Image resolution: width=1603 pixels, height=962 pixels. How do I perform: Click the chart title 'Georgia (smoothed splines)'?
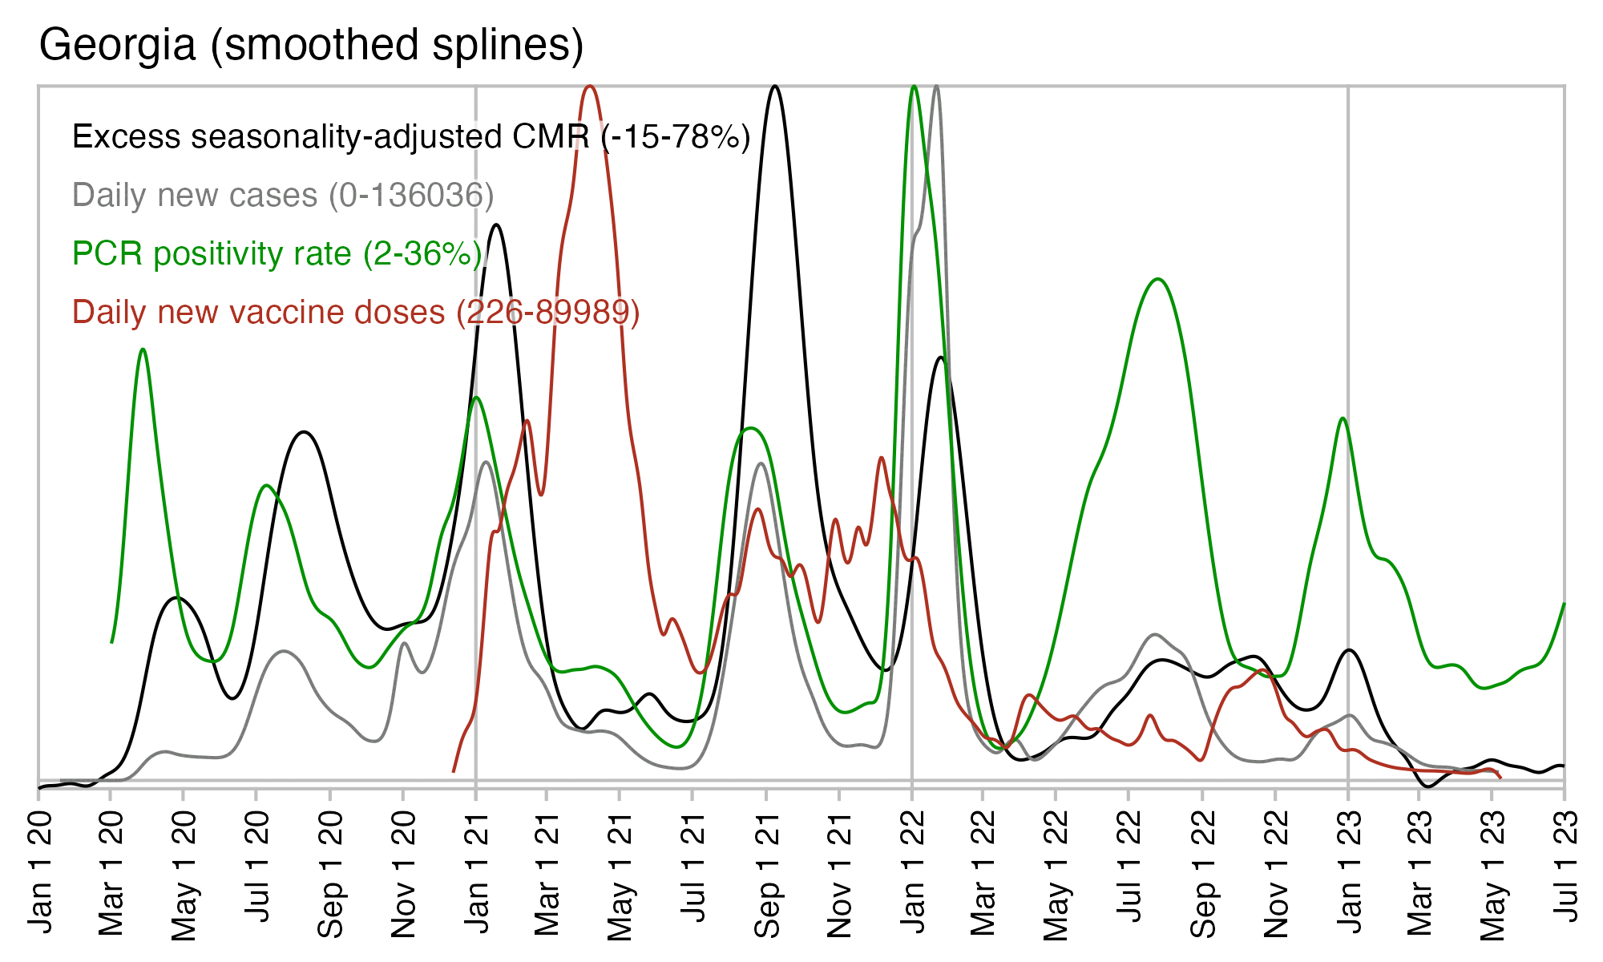click(x=311, y=45)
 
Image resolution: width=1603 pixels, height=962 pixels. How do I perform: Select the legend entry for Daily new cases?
click(x=283, y=196)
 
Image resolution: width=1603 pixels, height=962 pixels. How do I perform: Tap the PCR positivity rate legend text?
click(x=277, y=254)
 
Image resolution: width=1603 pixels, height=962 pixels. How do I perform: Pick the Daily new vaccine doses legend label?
click(x=356, y=313)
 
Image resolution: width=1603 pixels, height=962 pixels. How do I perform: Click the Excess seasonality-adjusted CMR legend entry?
click(x=411, y=137)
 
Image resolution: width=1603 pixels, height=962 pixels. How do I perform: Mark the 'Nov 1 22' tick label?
click(x=1276, y=874)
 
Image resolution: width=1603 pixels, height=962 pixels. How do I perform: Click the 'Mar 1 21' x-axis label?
click(x=547, y=874)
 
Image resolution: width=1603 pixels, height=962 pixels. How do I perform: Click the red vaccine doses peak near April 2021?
click(x=590, y=86)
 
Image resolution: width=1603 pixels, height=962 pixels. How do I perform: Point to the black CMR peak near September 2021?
click(x=774, y=86)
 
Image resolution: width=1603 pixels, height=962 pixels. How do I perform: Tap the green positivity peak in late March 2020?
click(x=143, y=350)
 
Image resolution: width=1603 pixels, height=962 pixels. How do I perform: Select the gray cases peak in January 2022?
click(x=937, y=86)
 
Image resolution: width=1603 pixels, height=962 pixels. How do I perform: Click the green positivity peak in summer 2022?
click(x=1157, y=279)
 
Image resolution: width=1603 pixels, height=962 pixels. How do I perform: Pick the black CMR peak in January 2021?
click(x=497, y=224)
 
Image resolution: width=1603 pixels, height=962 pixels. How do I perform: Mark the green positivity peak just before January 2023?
click(x=1343, y=418)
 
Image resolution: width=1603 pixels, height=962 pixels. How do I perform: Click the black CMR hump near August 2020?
click(x=303, y=432)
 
